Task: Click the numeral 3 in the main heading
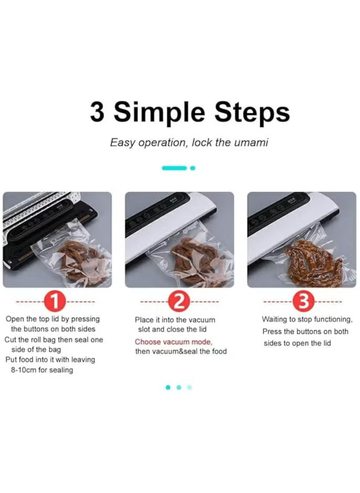coord(97,112)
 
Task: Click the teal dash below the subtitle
coord(174,168)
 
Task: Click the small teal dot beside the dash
coord(193,168)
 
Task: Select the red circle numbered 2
coord(178,302)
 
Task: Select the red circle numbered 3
coord(302,302)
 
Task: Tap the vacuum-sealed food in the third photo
coord(313,264)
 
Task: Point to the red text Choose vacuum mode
coord(173,342)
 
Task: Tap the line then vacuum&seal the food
coord(181,351)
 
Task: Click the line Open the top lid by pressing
coord(52,319)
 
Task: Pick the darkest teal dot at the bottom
coord(168,388)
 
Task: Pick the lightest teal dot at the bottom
coord(189,388)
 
